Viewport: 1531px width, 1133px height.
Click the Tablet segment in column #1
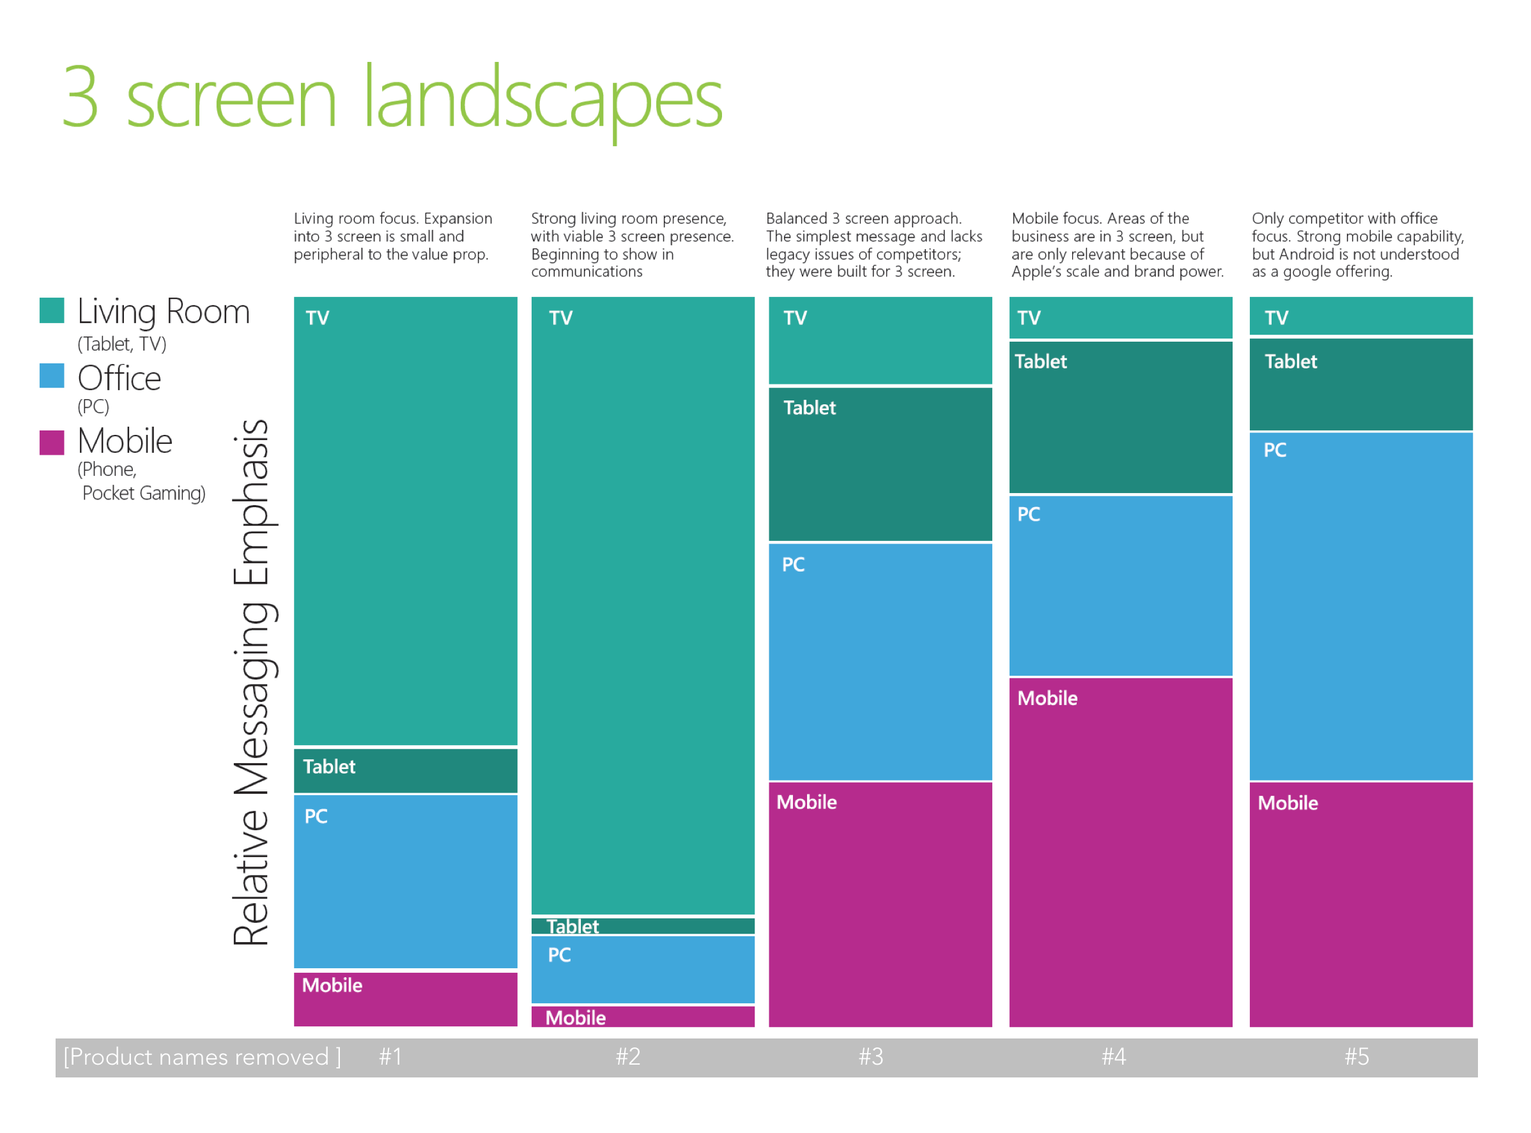(x=405, y=770)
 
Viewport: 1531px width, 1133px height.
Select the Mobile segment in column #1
(x=405, y=999)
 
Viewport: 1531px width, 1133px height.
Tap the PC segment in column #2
(x=642, y=969)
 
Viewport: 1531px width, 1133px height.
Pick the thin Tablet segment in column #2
(x=642, y=926)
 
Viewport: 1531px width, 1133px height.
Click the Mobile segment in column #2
(x=642, y=1015)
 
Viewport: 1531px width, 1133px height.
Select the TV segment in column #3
(x=880, y=340)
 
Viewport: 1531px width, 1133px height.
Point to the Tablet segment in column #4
(x=1121, y=417)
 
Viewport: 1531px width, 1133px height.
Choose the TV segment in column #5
(x=1361, y=316)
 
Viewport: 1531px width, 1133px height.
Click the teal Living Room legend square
(x=52, y=310)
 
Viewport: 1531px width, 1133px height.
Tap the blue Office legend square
(x=52, y=376)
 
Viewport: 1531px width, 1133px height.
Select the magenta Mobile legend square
(x=52, y=443)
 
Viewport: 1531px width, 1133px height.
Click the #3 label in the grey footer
(x=871, y=1056)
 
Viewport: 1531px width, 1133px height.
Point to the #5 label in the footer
(x=1357, y=1056)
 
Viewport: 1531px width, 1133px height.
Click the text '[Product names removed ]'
(x=203, y=1057)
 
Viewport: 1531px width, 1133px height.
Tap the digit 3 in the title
(x=81, y=96)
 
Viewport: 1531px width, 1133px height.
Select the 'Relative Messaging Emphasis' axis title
(x=252, y=682)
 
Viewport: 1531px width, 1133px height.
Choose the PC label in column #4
(x=1028, y=514)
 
